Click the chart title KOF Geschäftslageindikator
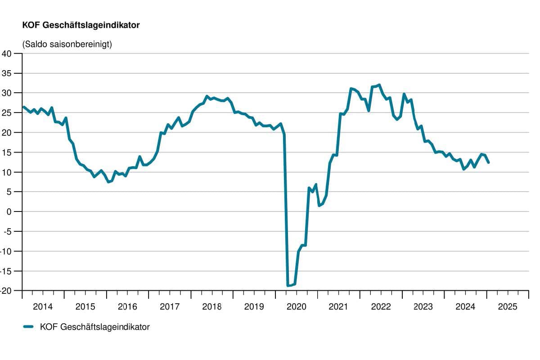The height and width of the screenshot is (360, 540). pos(81,26)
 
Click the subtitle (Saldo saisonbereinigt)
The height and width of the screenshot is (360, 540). pos(67,44)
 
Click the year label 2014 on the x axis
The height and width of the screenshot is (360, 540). pos(43,307)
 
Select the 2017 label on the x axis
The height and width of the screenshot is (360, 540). pos(170,307)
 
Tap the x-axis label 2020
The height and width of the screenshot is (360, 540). pos(297,307)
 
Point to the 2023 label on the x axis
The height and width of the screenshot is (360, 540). pos(423,307)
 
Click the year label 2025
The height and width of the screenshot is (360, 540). pos(508,307)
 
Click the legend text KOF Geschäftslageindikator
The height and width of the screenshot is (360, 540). pos(94,327)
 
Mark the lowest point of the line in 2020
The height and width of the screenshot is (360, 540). pos(288,285)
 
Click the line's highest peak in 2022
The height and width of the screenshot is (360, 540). pos(379,85)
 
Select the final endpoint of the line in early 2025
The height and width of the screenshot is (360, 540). pos(488,162)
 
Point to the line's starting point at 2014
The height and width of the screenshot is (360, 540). pos(23,107)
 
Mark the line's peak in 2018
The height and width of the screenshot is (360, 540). pos(207,96)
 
